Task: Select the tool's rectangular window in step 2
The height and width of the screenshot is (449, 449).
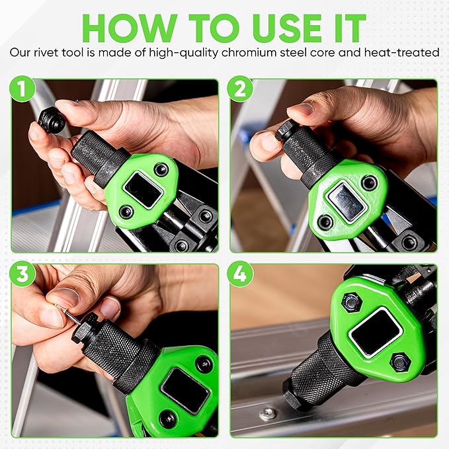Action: tap(347, 202)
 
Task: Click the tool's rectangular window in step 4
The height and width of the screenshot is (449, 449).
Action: tap(376, 331)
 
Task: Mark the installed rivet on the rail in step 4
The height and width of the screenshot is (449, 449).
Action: tap(268, 413)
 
